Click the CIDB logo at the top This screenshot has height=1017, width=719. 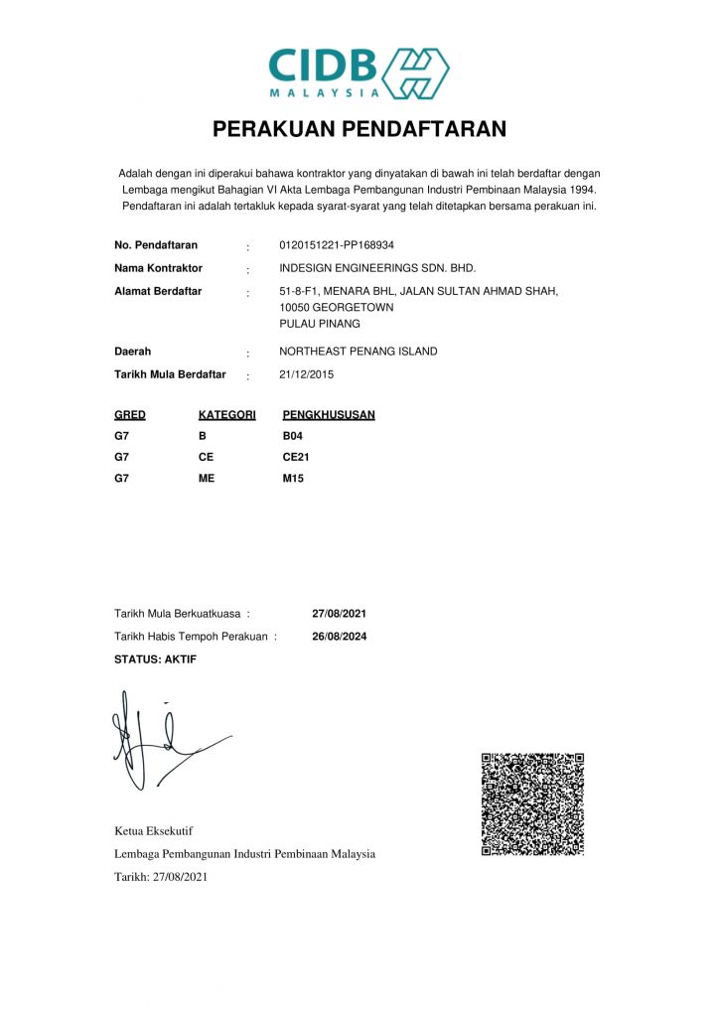(x=359, y=73)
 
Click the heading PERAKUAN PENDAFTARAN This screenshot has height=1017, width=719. (x=359, y=129)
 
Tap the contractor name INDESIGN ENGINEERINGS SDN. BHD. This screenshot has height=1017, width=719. (x=378, y=268)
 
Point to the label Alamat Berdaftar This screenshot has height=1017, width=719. (x=158, y=291)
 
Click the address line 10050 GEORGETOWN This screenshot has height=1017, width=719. (x=337, y=308)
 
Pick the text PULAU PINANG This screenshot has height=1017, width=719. (x=320, y=324)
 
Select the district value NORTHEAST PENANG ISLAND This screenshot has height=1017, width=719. (x=359, y=352)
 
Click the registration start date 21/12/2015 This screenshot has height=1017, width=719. (x=307, y=374)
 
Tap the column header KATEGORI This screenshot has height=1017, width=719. (x=227, y=415)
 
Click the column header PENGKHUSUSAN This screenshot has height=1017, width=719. (x=329, y=415)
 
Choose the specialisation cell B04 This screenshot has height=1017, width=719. (x=292, y=436)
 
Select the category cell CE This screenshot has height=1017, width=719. (x=206, y=457)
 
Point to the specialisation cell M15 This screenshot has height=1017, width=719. (x=293, y=479)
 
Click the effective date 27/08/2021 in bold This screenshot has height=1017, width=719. (x=340, y=614)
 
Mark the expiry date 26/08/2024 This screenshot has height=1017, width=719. (x=340, y=637)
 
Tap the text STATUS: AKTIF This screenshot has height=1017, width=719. (x=156, y=659)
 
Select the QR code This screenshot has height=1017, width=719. (x=532, y=804)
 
